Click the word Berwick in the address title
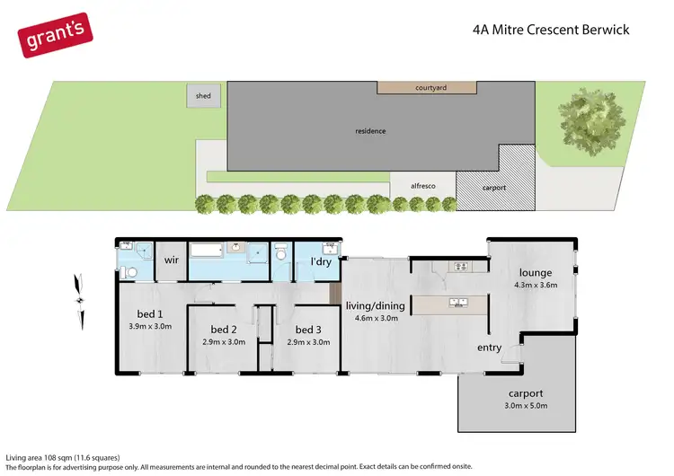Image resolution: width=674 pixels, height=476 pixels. pyautogui.click(x=604, y=30)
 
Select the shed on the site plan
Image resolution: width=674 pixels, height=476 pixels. pyautogui.click(x=199, y=95)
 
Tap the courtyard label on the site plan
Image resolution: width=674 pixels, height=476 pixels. pyautogui.click(x=431, y=88)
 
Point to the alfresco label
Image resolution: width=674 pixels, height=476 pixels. pyautogui.click(x=422, y=185)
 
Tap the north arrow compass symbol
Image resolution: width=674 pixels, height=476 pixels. pyautogui.click(x=80, y=300)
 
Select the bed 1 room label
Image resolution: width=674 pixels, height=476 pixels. pyautogui.click(x=151, y=314)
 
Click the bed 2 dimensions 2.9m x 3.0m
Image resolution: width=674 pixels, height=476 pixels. pyautogui.click(x=222, y=342)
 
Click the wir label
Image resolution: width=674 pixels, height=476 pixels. pyautogui.click(x=170, y=260)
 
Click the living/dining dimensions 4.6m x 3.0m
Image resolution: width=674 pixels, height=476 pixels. pyautogui.click(x=376, y=319)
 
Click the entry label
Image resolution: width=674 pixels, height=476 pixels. pyautogui.click(x=490, y=347)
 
